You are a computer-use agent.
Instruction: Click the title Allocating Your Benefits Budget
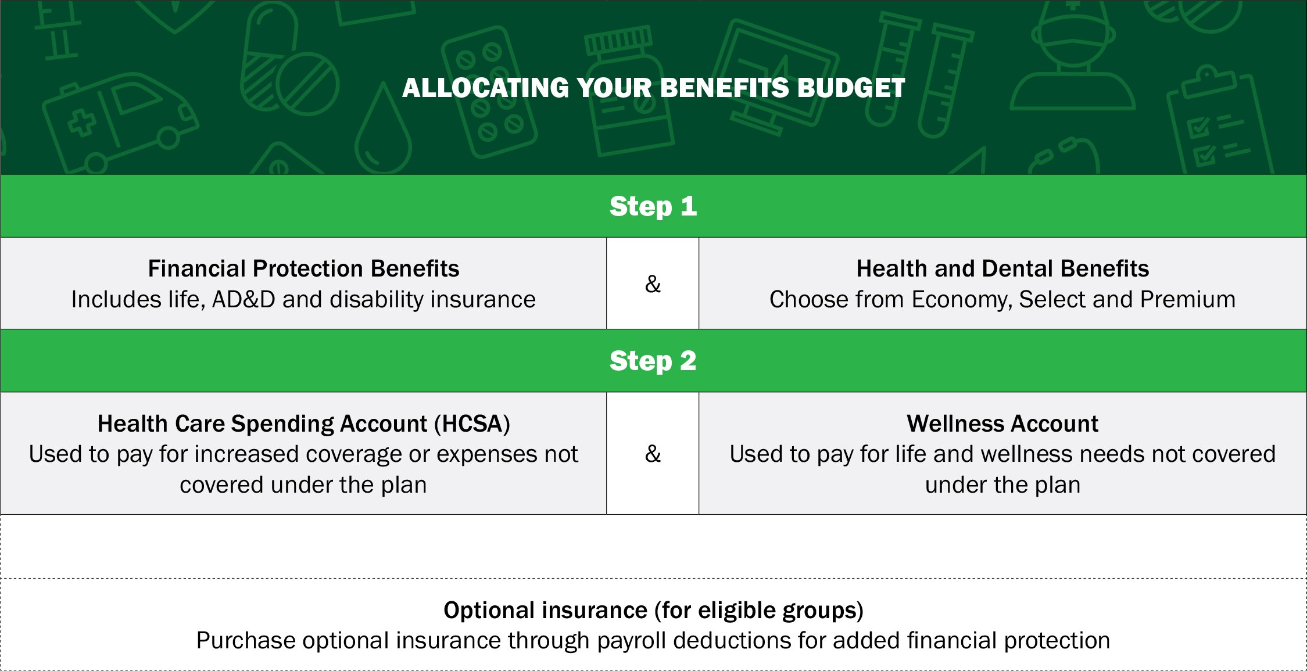click(x=653, y=88)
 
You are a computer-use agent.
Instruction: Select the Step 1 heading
click(x=653, y=206)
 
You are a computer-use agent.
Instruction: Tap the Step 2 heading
click(x=653, y=361)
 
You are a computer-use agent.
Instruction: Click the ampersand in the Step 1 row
click(x=653, y=284)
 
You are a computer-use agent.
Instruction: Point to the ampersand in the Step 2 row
click(x=653, y=454)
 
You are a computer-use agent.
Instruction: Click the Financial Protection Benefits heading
click(x=303, y=268)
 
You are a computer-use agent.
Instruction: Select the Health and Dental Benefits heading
click(x=1002, y=268)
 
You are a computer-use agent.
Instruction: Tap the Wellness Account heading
click(x=1002, y=424)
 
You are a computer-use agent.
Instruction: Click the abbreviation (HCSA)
click(x=472, y=424)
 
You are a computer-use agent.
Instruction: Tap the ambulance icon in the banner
click(x=119, y=123)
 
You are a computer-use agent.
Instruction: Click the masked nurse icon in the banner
click(x=1073, y=55)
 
